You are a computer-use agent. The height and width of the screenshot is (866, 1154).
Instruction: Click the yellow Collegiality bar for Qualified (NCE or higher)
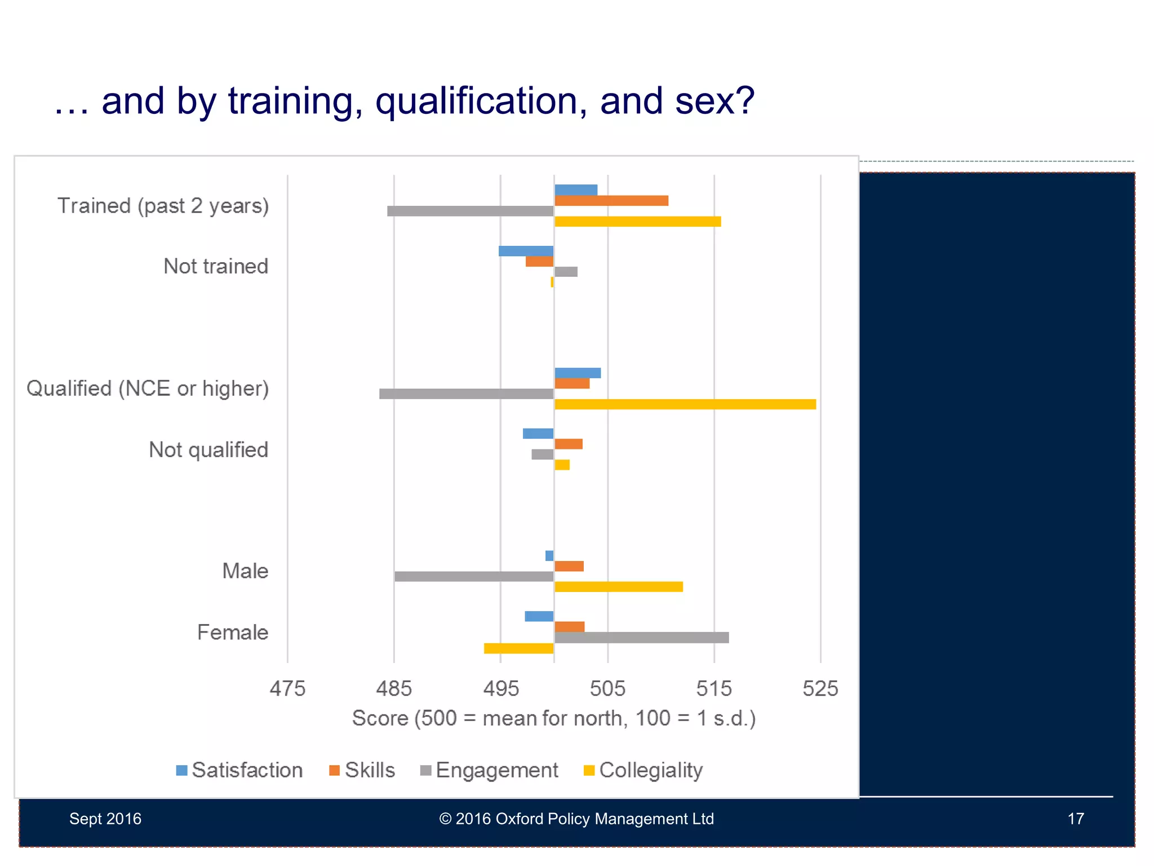click(685, 404)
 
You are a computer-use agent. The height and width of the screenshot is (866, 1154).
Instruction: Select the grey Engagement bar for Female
click(641, 638)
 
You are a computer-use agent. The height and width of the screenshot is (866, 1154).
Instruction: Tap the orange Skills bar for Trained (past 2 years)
click(611, 201)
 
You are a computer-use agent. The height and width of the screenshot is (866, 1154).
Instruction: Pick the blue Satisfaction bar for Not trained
click(526, 251)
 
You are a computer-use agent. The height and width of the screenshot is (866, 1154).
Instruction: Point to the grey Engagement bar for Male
click(474, 576)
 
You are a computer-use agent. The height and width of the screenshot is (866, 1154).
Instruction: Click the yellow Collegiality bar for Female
click(518, 648)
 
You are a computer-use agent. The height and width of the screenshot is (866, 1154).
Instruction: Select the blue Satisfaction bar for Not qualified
click(538, 434)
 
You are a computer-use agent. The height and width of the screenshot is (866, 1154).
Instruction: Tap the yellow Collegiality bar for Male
click(618, 587)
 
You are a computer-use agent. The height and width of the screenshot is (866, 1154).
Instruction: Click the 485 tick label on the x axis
click(394, 688)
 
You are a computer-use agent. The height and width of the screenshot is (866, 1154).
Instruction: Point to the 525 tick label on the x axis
click(820, 688)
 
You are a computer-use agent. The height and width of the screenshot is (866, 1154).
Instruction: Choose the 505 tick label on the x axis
click(607, 688)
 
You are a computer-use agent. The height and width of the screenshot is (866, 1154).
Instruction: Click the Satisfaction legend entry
click(240, 770)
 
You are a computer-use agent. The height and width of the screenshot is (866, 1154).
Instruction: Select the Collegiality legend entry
click(643, 770)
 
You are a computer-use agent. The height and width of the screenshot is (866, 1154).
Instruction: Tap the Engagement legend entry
click(489, 770)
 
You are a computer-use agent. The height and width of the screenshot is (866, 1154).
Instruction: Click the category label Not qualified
click(208, 450)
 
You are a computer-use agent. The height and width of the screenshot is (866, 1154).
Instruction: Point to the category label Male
click(245, 571)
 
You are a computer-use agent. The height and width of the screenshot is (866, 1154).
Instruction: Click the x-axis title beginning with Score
click(553, 718)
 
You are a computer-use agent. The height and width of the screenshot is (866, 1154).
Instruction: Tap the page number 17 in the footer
click(1075, 819)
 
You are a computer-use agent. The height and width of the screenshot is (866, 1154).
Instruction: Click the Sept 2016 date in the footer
click(105, 819)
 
